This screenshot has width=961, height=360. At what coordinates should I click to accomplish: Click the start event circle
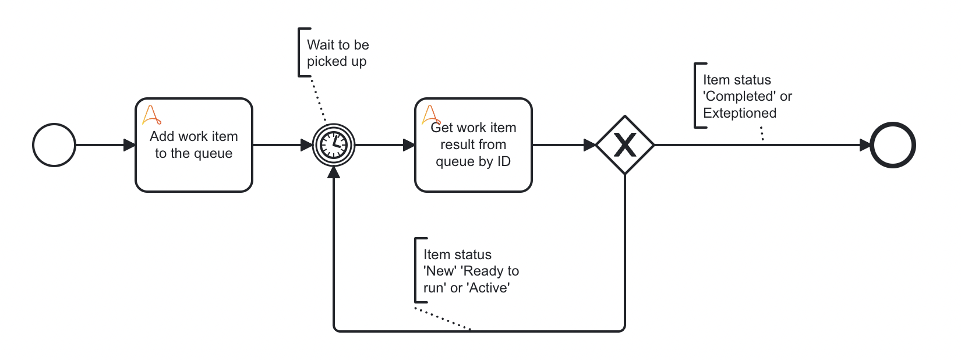pyautogui.click(x=54, y=145)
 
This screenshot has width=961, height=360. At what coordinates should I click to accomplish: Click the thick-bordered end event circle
pyautogui.click(x=892, y=145)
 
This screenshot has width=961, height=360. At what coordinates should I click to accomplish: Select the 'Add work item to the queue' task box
pyautogui.click(x=194, y=169)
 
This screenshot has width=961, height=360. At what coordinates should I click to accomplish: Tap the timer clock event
pyautogui.click(x=334, y=144)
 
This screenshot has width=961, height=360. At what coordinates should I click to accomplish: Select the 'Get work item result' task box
pyautogui.click(x=474, y=175)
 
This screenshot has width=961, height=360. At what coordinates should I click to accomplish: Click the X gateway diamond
pyautogui.click(x=625, y=145)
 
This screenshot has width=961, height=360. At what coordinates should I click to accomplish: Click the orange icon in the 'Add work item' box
pyautogui.click(x=151, y=114)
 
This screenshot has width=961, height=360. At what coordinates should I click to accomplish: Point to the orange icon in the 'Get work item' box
pyautogui.click(x=430, y=114)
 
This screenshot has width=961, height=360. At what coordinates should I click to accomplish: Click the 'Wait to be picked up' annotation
pyautogui.click(x=337, y=53)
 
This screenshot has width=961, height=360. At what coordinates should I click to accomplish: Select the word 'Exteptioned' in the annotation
pyautogui.click(x=739, y=113)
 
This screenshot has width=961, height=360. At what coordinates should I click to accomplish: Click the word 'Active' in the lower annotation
pyautogui.click(x=489, y=288)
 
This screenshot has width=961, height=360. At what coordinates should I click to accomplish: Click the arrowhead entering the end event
pyautogui.click(x=865, y=145)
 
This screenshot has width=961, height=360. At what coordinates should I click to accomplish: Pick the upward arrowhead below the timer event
pyautogui.click(x=334, y=172)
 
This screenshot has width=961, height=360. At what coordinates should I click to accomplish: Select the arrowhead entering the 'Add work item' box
pyautogui.click(x=129, y=145)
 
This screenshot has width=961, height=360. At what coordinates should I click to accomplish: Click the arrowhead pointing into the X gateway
pyautogui.click(x=589, y=145)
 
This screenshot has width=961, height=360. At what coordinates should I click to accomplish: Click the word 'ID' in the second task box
pyautogui.click(x=504, y=161)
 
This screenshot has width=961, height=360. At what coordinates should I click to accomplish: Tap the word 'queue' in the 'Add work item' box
pyautogui.click(x=213, y=153)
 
